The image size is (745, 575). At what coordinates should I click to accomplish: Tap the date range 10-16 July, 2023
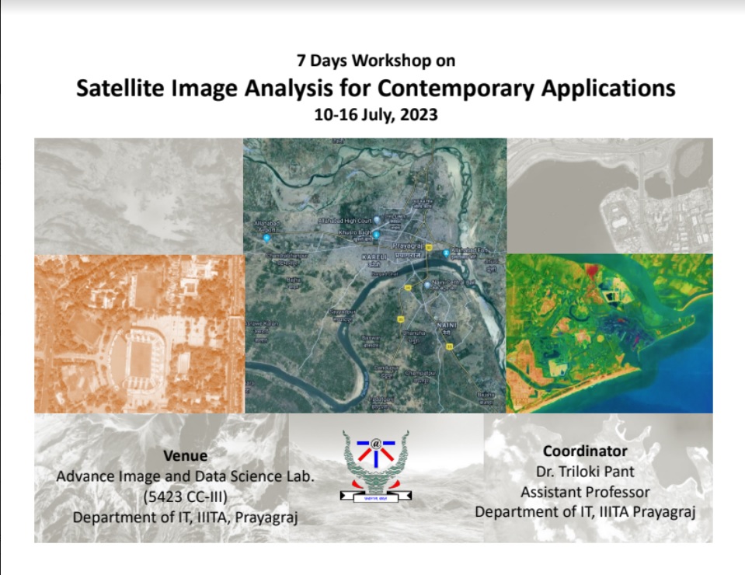(375, 115)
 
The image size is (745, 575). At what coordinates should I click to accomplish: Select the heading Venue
(185, 455)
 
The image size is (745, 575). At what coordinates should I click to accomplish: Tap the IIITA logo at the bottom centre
(377, 466)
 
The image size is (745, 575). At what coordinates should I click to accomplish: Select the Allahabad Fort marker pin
(446, 253)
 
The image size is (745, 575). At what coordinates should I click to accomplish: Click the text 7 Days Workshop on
(375, 60)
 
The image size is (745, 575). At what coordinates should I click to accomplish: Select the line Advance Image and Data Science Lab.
(185, 476)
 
